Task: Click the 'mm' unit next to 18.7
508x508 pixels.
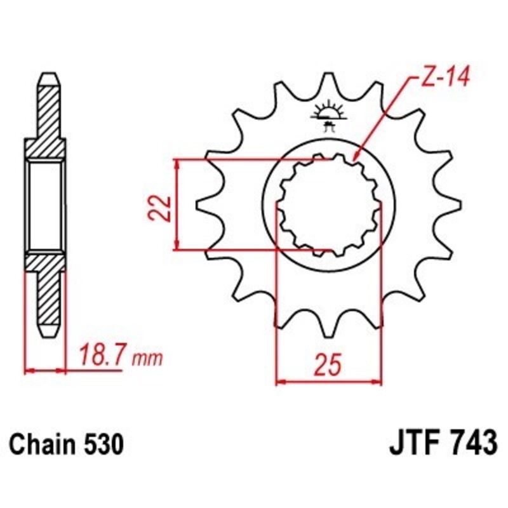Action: click(x=147, y=359)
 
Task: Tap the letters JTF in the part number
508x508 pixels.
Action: click(x=411, y=443)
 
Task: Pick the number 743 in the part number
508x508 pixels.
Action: click(x=471, y=443)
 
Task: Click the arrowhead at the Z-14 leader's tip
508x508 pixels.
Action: click(x=356, y=156)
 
